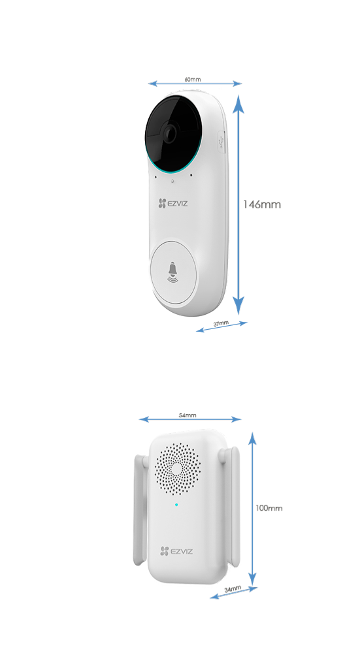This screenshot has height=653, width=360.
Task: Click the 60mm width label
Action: point(193,79)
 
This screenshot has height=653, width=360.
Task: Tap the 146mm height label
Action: point(262,204)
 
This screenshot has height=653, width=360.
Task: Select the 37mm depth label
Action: point(221,323)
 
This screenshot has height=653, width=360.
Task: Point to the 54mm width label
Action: point(188,415)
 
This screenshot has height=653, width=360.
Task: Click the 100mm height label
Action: point(269,508)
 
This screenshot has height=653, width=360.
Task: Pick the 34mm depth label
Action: point(233,589)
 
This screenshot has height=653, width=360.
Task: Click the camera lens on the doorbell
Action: point(170,133)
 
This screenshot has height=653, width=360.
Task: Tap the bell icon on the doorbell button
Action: point(172,272)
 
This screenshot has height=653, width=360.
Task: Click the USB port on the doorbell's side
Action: point(221,142)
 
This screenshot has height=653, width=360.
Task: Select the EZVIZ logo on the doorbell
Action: point(173,203)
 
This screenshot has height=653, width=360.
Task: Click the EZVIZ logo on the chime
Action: point(176,551)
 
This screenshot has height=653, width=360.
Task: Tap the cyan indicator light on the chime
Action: point(176,505)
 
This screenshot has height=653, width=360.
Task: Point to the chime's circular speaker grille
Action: point(177,468)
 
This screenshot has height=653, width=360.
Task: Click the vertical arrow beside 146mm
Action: point(238,204)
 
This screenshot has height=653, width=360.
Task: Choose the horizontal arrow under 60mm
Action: point(195,84)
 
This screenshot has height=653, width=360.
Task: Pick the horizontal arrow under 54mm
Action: point(190,419)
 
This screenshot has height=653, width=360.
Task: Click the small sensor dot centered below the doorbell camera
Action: point(172,181)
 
